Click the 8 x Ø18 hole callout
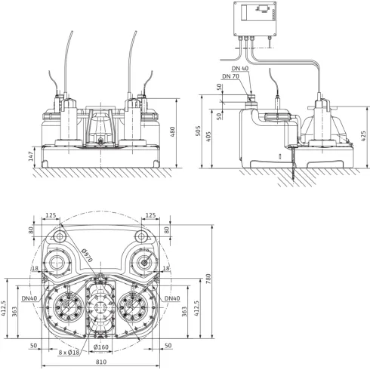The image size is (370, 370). [69, 353]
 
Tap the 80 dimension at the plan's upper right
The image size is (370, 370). [166, 230]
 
